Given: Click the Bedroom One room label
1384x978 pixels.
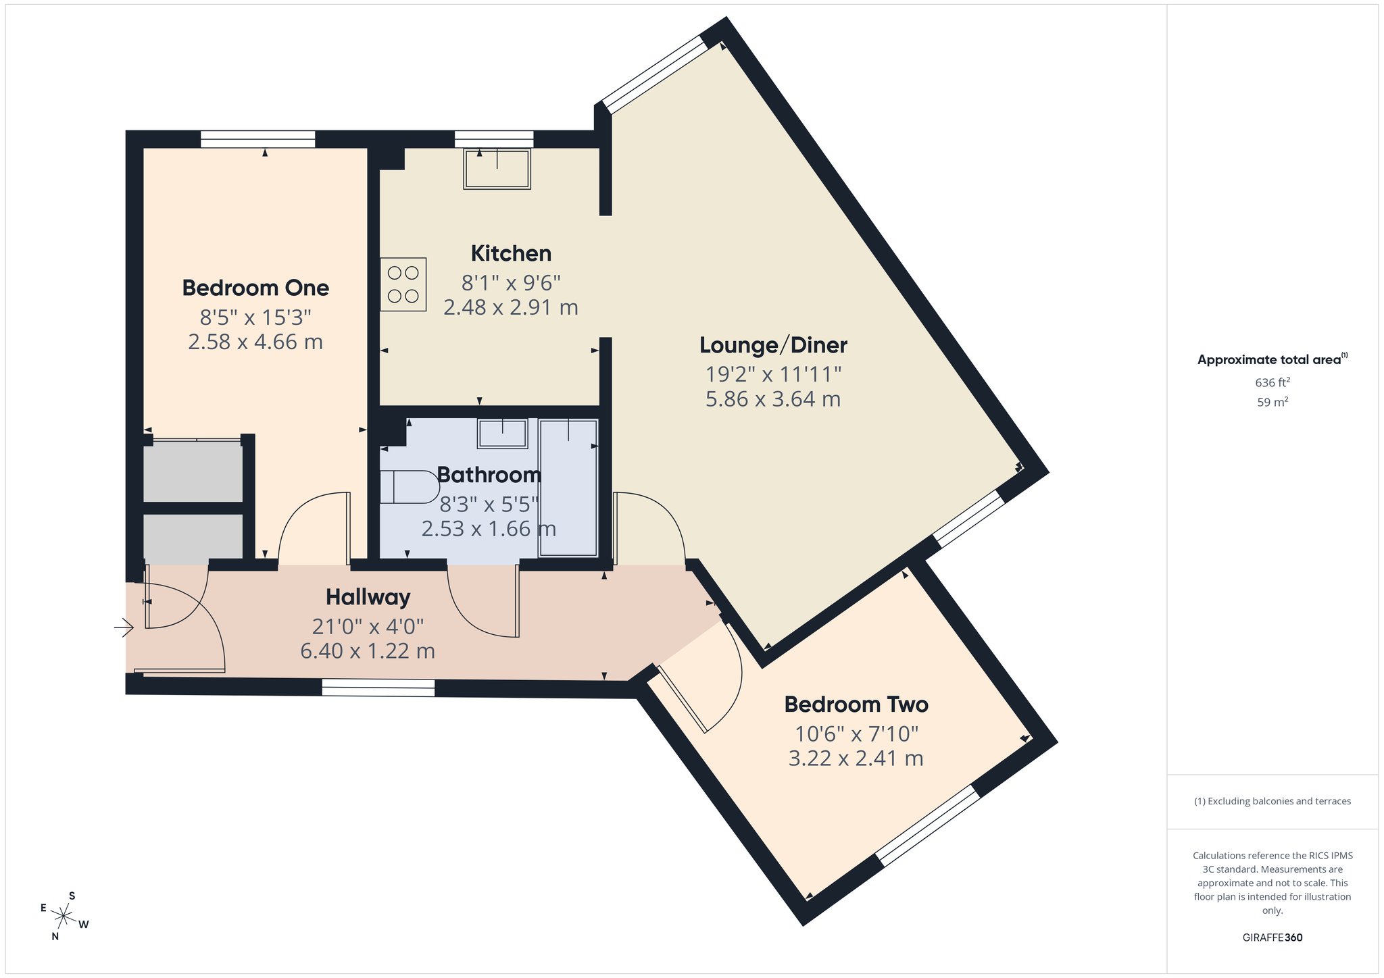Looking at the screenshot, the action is click(255, 288).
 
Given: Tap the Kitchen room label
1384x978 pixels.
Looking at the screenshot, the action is click(511, 253).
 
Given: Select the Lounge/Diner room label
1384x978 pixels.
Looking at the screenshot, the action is click(773, 345).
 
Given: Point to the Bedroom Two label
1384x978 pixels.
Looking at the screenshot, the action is click(856, 704).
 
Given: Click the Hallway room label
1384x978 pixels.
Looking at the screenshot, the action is click(368, 597).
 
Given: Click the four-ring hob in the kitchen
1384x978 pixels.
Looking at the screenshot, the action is click(403, 284).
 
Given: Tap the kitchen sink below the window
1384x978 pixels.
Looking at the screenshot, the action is click(497, 169).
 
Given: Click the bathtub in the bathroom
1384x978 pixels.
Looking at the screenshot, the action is click(568, 488).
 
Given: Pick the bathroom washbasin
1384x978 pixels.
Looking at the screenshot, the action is click(502, 434).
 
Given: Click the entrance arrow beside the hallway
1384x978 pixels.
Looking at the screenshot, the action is click(124, 628).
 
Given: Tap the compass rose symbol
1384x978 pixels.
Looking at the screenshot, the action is click(64, 916).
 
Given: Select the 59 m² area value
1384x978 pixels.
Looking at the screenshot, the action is click(1272, 402).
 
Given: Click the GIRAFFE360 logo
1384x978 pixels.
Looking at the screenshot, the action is click(1272, 937).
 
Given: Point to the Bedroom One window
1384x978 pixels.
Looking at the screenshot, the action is click(258, 139).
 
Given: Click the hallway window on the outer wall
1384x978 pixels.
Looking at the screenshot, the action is click(378, 688).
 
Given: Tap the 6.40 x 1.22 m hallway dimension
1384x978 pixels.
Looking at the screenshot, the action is click(368, 651).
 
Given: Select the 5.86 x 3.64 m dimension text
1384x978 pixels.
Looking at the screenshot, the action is click(773, 399).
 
